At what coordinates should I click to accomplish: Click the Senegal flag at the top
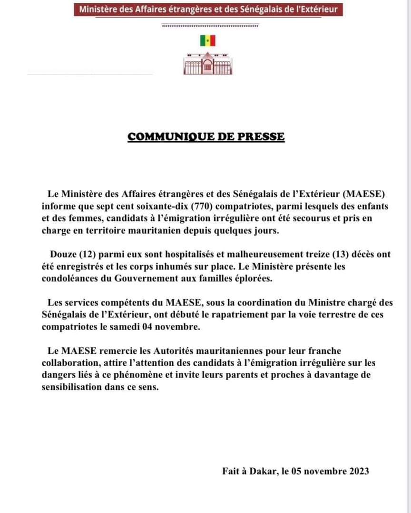click(207, 41)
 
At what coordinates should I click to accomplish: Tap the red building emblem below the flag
click(207, 64)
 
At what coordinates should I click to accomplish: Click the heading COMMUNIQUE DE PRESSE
click(206, 137)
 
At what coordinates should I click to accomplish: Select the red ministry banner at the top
click(208, 9)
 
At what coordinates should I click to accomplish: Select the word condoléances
click(73, 279)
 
